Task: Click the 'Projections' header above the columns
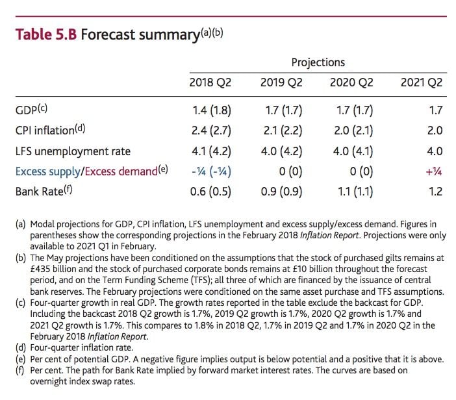[318, 62]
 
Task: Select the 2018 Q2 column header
[210, 82]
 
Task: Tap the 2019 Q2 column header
[281, 82]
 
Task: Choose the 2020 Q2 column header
[352, 82]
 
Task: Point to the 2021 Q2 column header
[422, 82]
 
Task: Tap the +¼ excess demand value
[433, 171]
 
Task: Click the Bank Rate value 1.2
[435, 192]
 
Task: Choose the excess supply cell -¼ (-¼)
[210, 171]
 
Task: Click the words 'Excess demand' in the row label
[121, 171]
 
